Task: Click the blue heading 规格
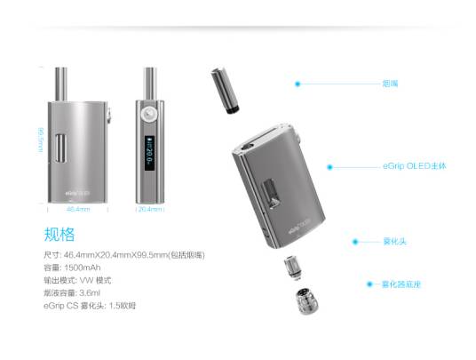[x=59, y=236]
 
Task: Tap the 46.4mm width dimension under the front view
[x=78, y=210]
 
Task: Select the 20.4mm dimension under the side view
[x=150, y=210]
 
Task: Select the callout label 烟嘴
[x=389, y=84]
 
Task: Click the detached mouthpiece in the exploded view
[x=226, y=90]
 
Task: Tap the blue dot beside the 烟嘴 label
[x=297, y=84]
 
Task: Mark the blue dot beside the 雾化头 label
[x=354, y=241]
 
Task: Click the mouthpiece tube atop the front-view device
[x=60, y=84]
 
